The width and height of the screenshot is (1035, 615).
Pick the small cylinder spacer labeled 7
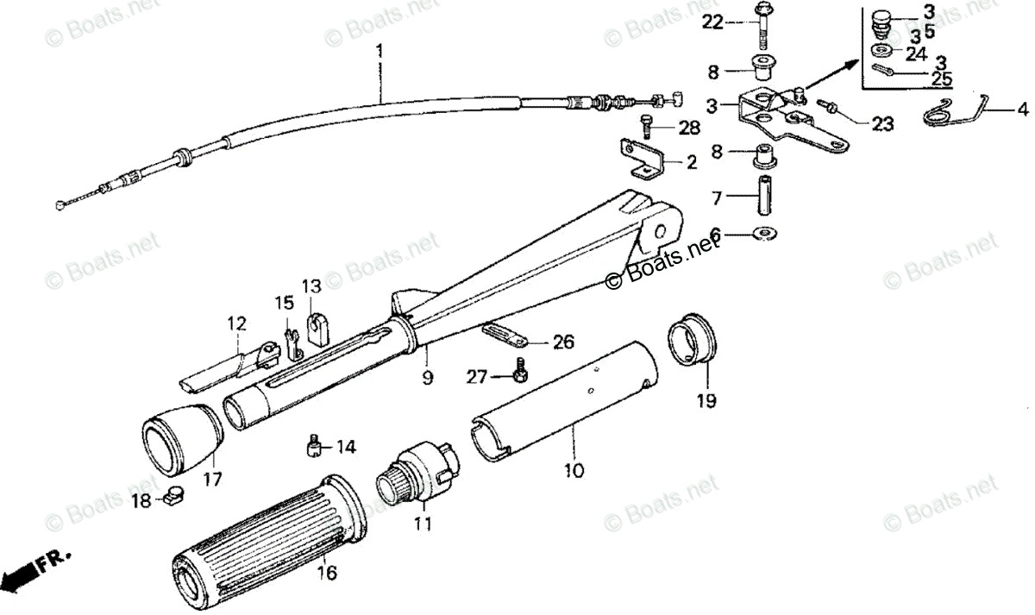click(764, 196)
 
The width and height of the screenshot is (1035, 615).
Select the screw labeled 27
click(520, 373)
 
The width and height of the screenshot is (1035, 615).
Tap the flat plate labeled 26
click(505, 331)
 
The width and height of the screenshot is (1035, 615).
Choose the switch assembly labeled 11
click(418, 472)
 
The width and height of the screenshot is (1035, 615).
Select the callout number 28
click(689, 129)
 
